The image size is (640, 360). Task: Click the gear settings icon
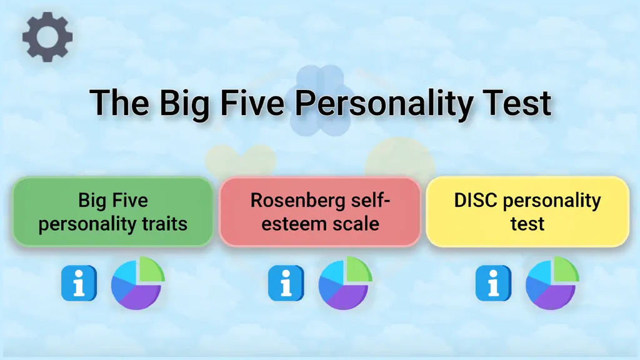(47, 37)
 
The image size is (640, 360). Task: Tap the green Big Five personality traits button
(112, 212)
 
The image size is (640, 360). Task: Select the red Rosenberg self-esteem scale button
(320, 212)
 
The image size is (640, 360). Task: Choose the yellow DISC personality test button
(527, 212)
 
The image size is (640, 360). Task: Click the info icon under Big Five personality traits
(79, 283)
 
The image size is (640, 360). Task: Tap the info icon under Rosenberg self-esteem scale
(286, 283)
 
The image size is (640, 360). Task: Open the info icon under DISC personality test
(493, 283)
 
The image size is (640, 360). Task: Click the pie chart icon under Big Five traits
(138, 283)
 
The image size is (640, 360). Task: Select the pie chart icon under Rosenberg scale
(345, 283)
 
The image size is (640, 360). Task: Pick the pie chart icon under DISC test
(552, 283)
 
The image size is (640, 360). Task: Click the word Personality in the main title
(384, 104)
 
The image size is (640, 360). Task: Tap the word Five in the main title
(252, 103)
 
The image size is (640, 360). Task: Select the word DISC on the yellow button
(476, 201)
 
